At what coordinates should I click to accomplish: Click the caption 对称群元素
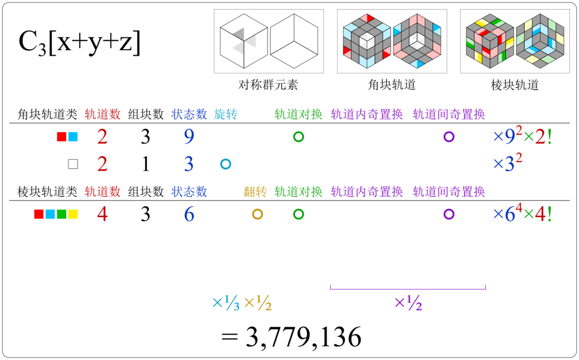tap(268, 85)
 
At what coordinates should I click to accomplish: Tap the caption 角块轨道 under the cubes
tap(392, 85)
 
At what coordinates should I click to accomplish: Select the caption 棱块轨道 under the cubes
tap(515, 85)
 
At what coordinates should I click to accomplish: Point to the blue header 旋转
tap(226, 115)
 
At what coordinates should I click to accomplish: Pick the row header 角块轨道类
tap(47, 115)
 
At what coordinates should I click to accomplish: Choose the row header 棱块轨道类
tap(47, 192)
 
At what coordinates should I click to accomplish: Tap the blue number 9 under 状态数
tap(189, 137)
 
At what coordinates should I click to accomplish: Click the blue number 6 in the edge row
tap(189, 215)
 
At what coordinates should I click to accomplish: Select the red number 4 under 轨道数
tap(102, 215)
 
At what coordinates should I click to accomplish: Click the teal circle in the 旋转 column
tap(226, 164)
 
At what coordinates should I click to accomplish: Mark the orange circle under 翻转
tap(257, 214)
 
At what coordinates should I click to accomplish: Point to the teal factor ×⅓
tap(226, 303)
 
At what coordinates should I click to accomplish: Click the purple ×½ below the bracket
tap(408, 303)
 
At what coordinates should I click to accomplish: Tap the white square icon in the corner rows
tap(72, 164)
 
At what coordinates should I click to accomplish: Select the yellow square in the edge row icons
tap(73, 215)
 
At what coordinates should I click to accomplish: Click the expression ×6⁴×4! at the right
tap(522, 214)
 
